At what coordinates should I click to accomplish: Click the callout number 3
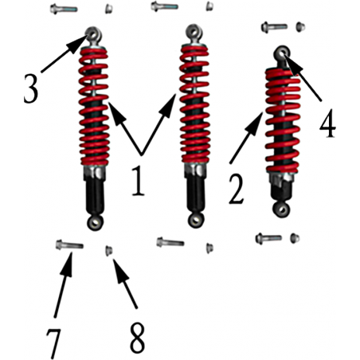pos(31,88)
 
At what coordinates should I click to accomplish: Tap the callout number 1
pos(139,180)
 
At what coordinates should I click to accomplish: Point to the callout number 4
pos(327,123)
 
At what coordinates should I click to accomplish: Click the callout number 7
pos(53,344)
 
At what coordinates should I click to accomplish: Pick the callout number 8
pos(137,338)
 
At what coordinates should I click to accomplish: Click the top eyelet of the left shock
pos(93,34)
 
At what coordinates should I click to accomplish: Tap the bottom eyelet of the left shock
pos(95,223)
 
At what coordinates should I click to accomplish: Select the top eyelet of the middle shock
pos(194,31)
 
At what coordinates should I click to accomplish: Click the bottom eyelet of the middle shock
pos(196,220)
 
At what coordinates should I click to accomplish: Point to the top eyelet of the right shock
pos(282,53)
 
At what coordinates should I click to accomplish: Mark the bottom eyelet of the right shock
pos(281,209)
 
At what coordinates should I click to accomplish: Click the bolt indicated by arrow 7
pos(69,245)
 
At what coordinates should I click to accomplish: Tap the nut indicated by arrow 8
pos(109,251)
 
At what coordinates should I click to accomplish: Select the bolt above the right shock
pos(274,27)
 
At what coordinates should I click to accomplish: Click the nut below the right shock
pos(295,238)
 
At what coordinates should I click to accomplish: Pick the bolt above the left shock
pos(64,9)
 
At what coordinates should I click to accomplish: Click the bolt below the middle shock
pos(170,242)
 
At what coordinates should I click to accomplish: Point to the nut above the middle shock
pos(209,6)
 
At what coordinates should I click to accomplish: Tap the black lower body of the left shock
pos(95,196)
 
